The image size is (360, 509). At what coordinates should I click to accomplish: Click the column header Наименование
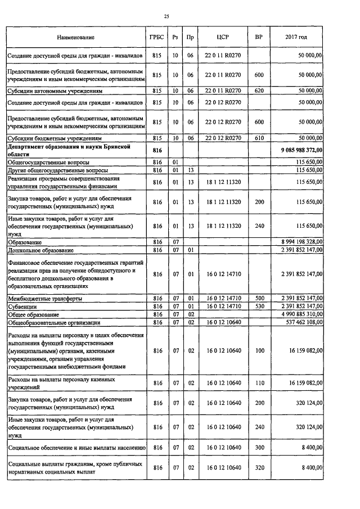coord(75,37)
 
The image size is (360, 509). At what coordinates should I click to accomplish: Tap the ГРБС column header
coord(157,37)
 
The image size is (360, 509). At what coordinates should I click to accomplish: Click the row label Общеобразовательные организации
coord(54,323)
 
